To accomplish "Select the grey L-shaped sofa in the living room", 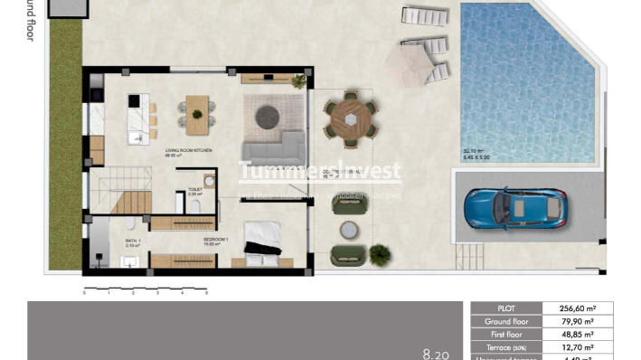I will [277, 147].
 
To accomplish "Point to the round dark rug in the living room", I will [267, 115].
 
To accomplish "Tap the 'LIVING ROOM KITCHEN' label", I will [188, 151].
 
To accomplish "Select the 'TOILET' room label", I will [194, 189].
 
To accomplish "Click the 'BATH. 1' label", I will [131, 240].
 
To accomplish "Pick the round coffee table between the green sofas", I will [349, 230].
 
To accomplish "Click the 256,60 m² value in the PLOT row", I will [576, 308].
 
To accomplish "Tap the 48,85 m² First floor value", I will [576, 334].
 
